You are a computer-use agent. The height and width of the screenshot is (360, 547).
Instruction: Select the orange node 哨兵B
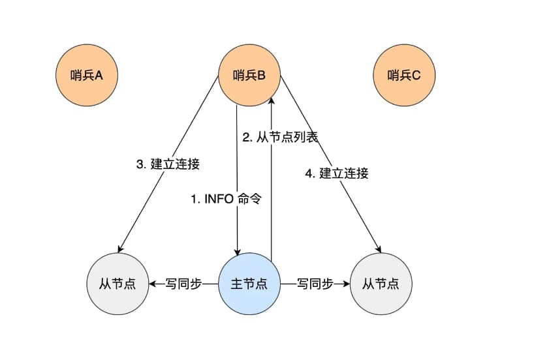point(249,76)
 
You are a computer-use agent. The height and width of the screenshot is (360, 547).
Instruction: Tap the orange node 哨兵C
point(404,76)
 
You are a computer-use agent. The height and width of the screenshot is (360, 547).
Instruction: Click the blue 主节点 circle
point(249,284)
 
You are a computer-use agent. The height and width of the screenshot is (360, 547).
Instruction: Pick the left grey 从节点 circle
point(117,284)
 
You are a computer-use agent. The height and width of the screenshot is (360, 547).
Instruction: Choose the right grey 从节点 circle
point(381,284)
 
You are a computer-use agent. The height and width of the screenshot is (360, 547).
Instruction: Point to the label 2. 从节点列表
point(280,138)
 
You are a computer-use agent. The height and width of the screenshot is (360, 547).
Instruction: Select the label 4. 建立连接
point(337,173)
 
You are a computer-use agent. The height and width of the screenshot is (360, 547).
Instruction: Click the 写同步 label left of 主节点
point(183,284)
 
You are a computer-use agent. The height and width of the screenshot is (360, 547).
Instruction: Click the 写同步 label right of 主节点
point(315,284)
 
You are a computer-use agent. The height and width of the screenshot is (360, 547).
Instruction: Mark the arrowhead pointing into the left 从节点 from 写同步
point(153,284)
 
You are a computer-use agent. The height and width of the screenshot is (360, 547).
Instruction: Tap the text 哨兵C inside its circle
point(404,76)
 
